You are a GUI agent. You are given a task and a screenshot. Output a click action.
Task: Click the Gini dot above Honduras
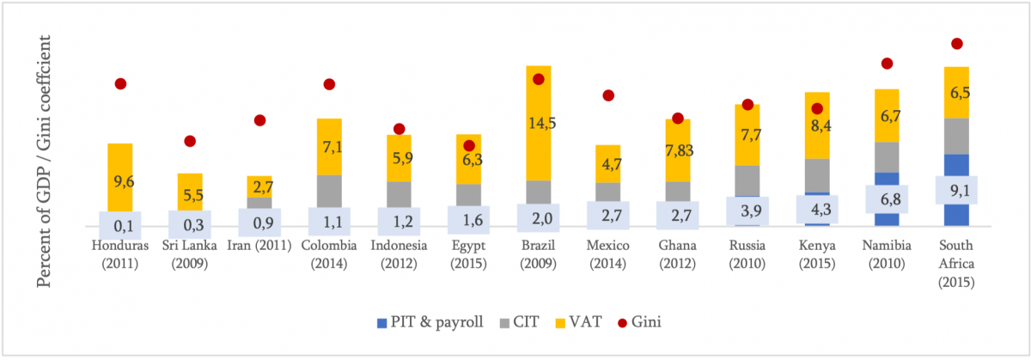pos(120,83)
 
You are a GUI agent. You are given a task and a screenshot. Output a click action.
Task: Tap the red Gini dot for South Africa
pos(957,44)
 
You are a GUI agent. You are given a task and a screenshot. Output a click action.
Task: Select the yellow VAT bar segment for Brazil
pos(539,123)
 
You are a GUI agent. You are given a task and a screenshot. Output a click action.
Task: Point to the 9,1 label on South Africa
pos(956,191)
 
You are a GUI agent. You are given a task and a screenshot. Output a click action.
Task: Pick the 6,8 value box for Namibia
pos(887,199)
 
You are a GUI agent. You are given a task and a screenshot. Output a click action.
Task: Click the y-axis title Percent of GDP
pos(46,164)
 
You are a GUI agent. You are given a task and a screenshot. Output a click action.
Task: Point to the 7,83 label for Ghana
pos(677,150)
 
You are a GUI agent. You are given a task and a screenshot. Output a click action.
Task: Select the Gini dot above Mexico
pos(608,95)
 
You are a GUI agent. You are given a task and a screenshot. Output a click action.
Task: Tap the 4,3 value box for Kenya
pos(817,210)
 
